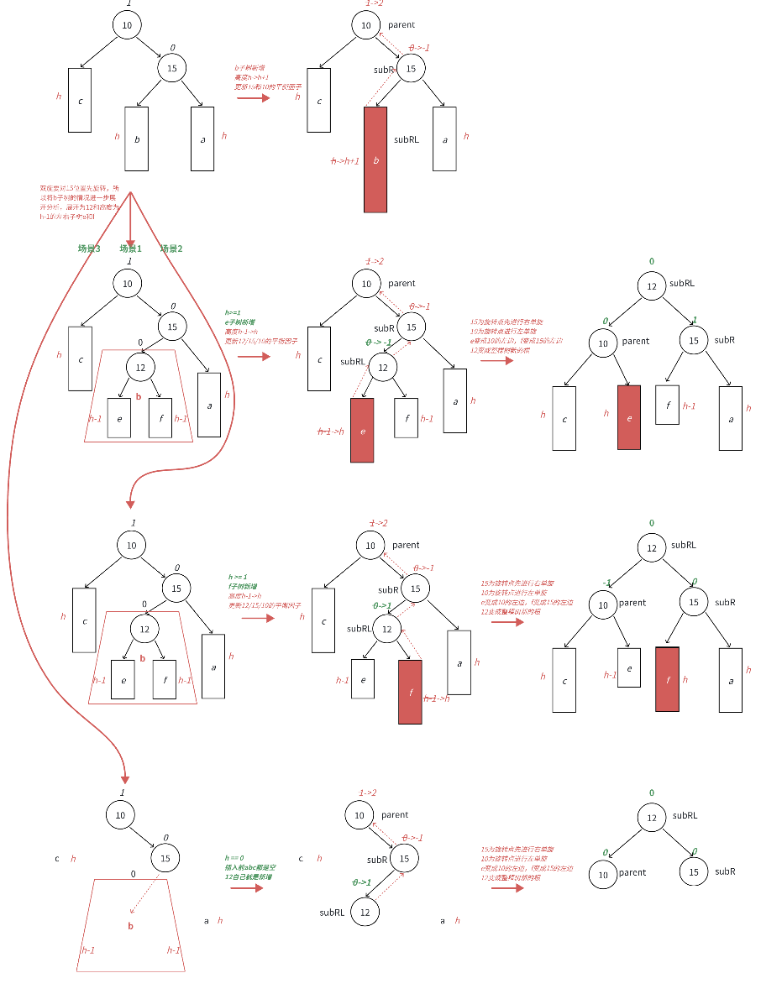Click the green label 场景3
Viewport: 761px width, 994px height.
pyautogui.click(x=89, y=248)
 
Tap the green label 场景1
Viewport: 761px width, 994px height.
pyautogui.click(x=130, y=248)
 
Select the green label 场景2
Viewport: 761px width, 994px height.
pyautogui.click(x=171, y=248)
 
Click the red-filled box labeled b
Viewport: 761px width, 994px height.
pyautogui.click(x=375, y=159)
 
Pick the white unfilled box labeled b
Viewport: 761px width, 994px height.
pyautogui.click(x=136, y=139)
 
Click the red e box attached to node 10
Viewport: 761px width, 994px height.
pyautogui.click(x=628, y=416)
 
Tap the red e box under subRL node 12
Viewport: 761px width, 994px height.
pyautogui.click(x=362, y=430)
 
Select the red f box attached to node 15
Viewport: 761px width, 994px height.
pyautogui.click(x=667, y=679)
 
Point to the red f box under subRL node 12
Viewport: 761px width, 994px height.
pyautogui.click(x=410, y=691)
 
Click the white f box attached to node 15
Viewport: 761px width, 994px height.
pyautogui.click(x=667, y=405)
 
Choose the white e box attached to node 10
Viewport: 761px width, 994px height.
pyautogui.click(x=628, y=667)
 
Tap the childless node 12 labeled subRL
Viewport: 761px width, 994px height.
pyautogui.click(x=365, y=912)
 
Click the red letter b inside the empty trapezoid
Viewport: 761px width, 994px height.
pyautogui.click(x=130, y=926)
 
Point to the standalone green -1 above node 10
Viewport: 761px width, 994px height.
pyautogui.click(x=606, y=583)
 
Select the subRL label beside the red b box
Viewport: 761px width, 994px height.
pyautogui.click(x=407, y=139)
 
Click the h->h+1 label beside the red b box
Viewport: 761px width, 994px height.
pyautogui.click(x=344, y=160)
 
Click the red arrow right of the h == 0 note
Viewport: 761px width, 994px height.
pyautogui.click(x=247, y=888)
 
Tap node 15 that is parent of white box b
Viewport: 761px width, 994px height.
pyautogui.click(x=171, y=68)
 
